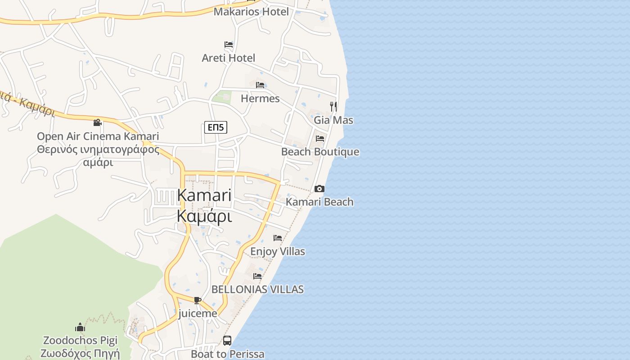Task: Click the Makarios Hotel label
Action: (x=251, y=12)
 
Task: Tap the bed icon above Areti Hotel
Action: (x=229, y=45)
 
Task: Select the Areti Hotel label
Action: (x=228, y=58)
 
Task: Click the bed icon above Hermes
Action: (x=260, y=85)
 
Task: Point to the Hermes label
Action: (x=260, y=98)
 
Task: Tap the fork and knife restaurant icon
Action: (x=333, y=106)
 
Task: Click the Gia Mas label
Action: (x=333, y=120)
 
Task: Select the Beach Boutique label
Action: (x=320, y=152)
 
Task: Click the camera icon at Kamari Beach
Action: (x=319, y=189)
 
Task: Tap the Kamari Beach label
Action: (x=319, y=202)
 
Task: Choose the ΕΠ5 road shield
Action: (x=216, y=128)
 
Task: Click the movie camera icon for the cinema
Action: (x=97, y=122)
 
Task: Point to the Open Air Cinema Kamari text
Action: (x=98, y=136)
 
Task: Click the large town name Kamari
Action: (x=204, y=195)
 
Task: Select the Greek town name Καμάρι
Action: (x=204, y=216)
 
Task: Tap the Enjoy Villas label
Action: (x=278, y=251)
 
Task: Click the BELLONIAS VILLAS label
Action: (x=257, y=289)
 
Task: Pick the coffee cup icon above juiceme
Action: (x=197, y=300)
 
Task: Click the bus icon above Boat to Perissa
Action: (x=227, y=341)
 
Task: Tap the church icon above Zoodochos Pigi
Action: (x=80, y=327)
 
